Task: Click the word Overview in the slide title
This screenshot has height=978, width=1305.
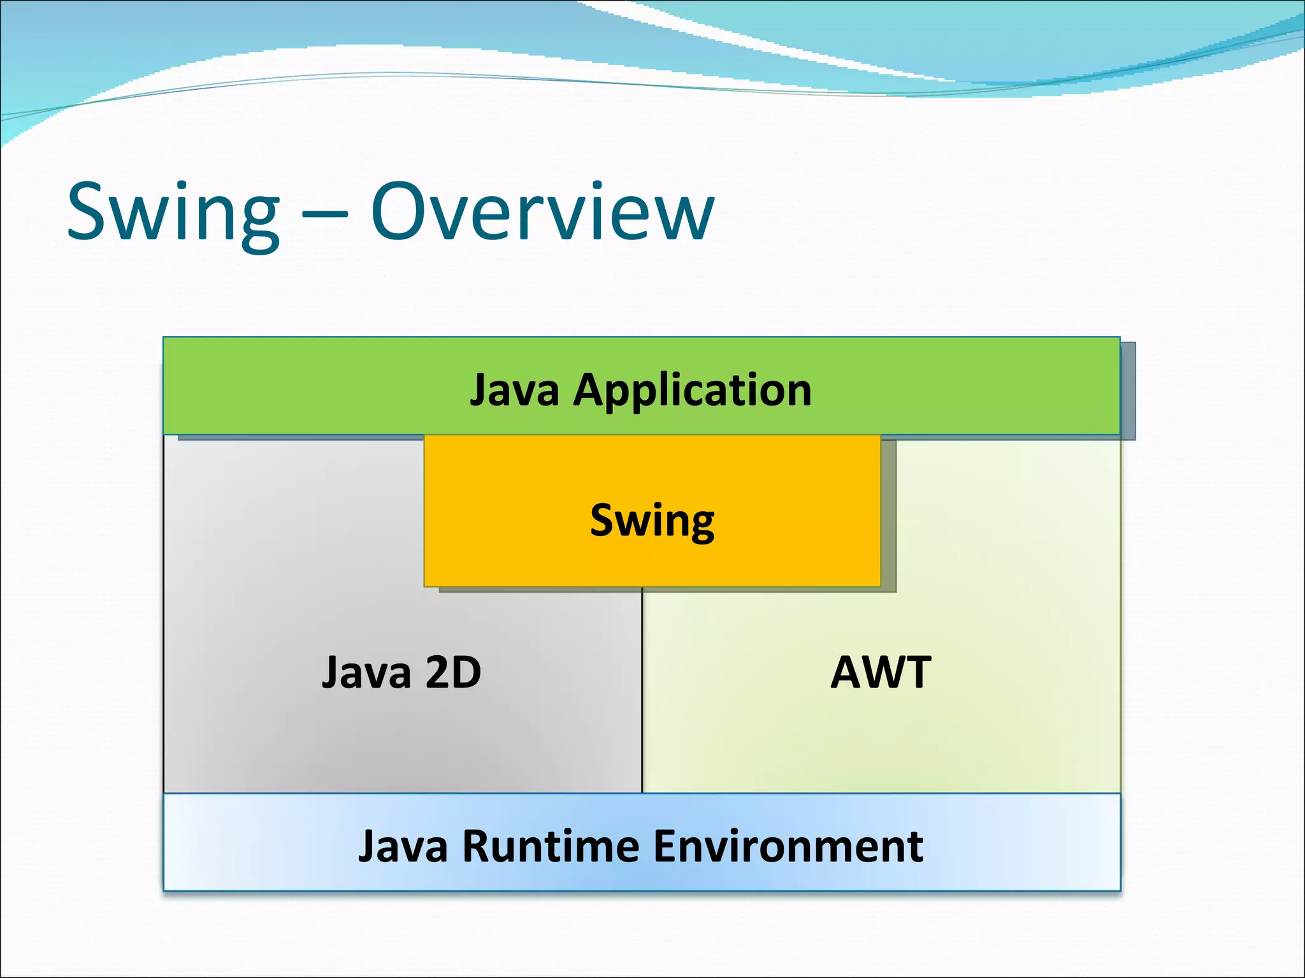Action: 543,212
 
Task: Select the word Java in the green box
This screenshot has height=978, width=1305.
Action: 514,390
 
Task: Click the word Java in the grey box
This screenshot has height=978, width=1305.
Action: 366,673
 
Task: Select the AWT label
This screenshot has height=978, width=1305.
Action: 881,673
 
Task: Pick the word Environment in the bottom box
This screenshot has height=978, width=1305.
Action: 788,847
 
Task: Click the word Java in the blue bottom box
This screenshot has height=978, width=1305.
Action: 403,847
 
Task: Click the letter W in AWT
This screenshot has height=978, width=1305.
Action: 881,673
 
